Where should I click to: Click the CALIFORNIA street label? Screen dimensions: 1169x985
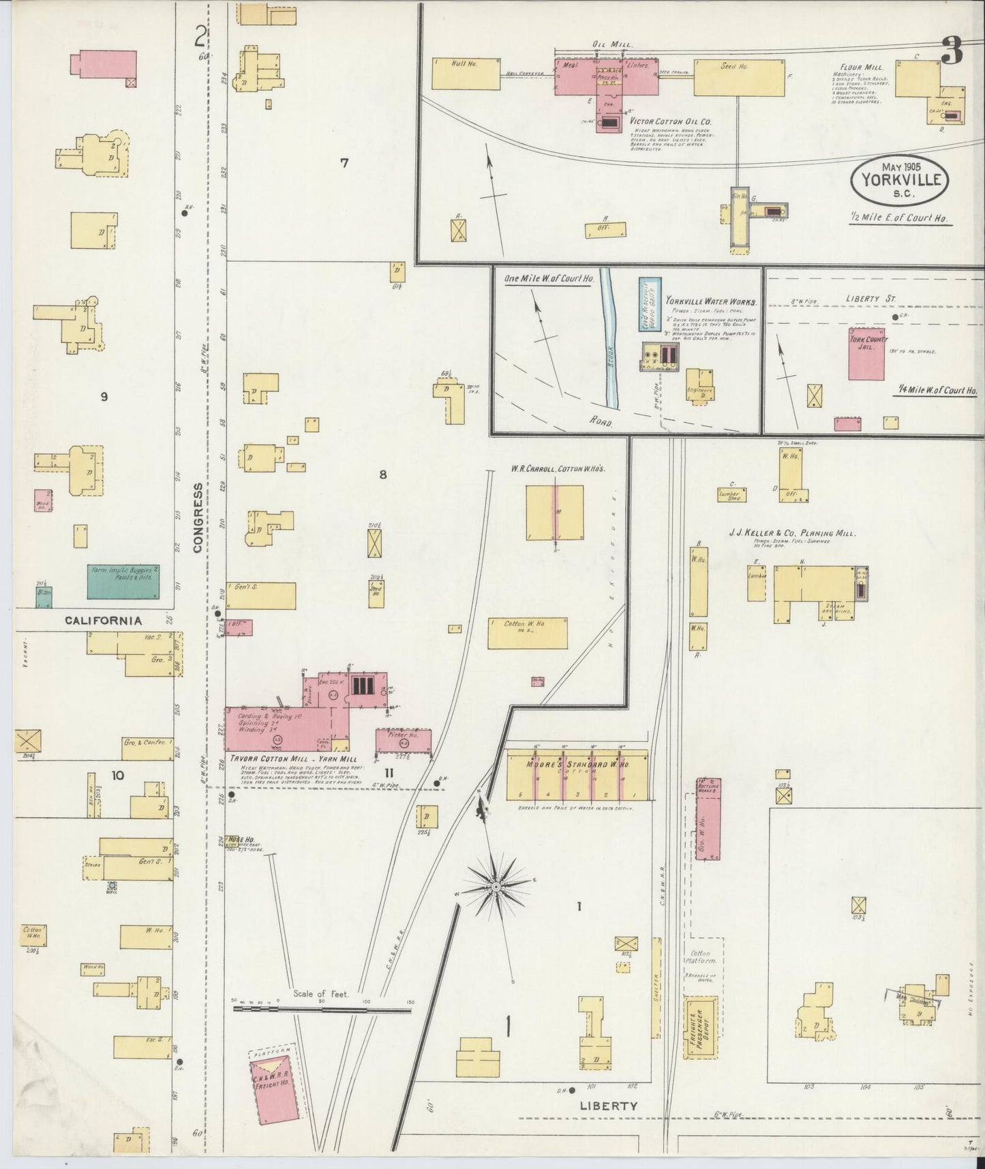pos(104,621)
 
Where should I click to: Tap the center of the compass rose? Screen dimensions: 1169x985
pos(496,887)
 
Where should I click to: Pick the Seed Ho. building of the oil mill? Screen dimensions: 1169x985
pos(739,77)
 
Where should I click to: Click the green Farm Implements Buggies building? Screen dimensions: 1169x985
pos(123,582)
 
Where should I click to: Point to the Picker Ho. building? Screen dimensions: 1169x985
pos(404,741)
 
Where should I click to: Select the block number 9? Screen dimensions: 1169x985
pos(104,396)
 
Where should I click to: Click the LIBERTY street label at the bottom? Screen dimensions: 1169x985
pos(609,1106)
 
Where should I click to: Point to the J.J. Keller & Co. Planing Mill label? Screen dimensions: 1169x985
pos(792,534)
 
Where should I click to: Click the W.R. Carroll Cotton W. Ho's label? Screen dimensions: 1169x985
pos(559,469)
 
